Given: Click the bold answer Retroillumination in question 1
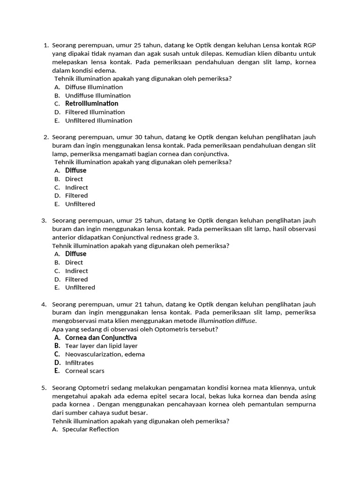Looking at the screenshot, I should tap(91, 104).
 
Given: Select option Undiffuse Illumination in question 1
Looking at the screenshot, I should tap(97, 96).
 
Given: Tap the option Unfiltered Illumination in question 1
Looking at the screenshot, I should tap(98, 120).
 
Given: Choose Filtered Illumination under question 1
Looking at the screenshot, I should tap(95, 112).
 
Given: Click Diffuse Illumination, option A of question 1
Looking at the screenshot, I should tap(94, 87).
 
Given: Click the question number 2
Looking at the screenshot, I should tap(45, 137).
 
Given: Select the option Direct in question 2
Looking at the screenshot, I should tap(74, 179).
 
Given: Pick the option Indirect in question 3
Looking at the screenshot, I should tap(76, 271).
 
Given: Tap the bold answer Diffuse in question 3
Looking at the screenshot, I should tap(75, 254).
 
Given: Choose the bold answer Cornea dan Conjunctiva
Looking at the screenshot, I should tap(101, 337).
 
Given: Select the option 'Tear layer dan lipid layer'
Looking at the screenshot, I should tap(101, 346).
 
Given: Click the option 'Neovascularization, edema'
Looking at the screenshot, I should tap(105, 354).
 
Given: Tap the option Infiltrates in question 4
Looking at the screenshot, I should tap(79, 363).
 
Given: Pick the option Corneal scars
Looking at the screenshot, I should tap(84, 371).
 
